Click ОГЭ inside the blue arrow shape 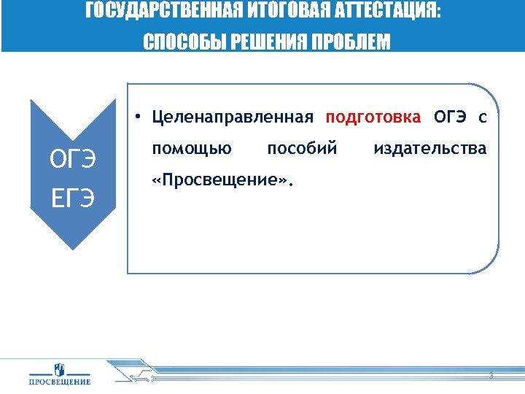(72, 158)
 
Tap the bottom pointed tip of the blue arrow (73, 249)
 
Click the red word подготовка (373, 117)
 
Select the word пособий (302, 150)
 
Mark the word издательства (429, 150)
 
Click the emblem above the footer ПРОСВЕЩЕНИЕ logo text (60, 369)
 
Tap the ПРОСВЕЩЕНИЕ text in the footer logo (60, 382)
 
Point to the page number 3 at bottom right (491, 376)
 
